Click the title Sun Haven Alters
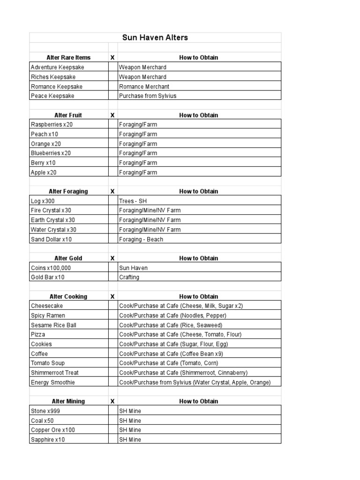pyautogui.click(x=155, y=37)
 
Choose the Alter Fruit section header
pyautogui.click(x=68, y=115)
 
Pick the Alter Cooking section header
pyautogui.click(x=69, y=296)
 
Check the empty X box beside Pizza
pyautogui.click(x=112, y=335)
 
